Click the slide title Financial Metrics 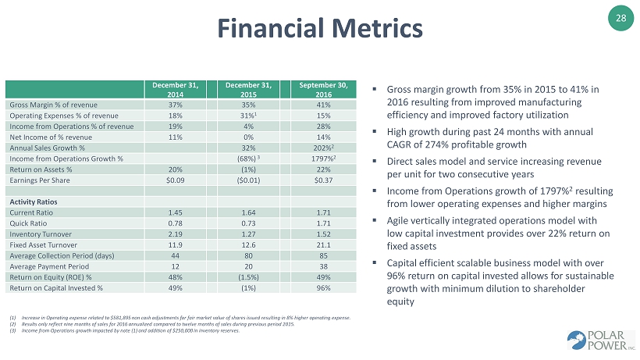(x=319, y=29)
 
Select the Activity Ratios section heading (x=31, y=200)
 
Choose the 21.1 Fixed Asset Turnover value (x=323, y=244)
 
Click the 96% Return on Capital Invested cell (x=323, y=287)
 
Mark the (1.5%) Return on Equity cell (x=250, y=276)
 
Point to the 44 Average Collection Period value (x=175, y=255)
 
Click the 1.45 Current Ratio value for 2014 (x=175, y=211)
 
